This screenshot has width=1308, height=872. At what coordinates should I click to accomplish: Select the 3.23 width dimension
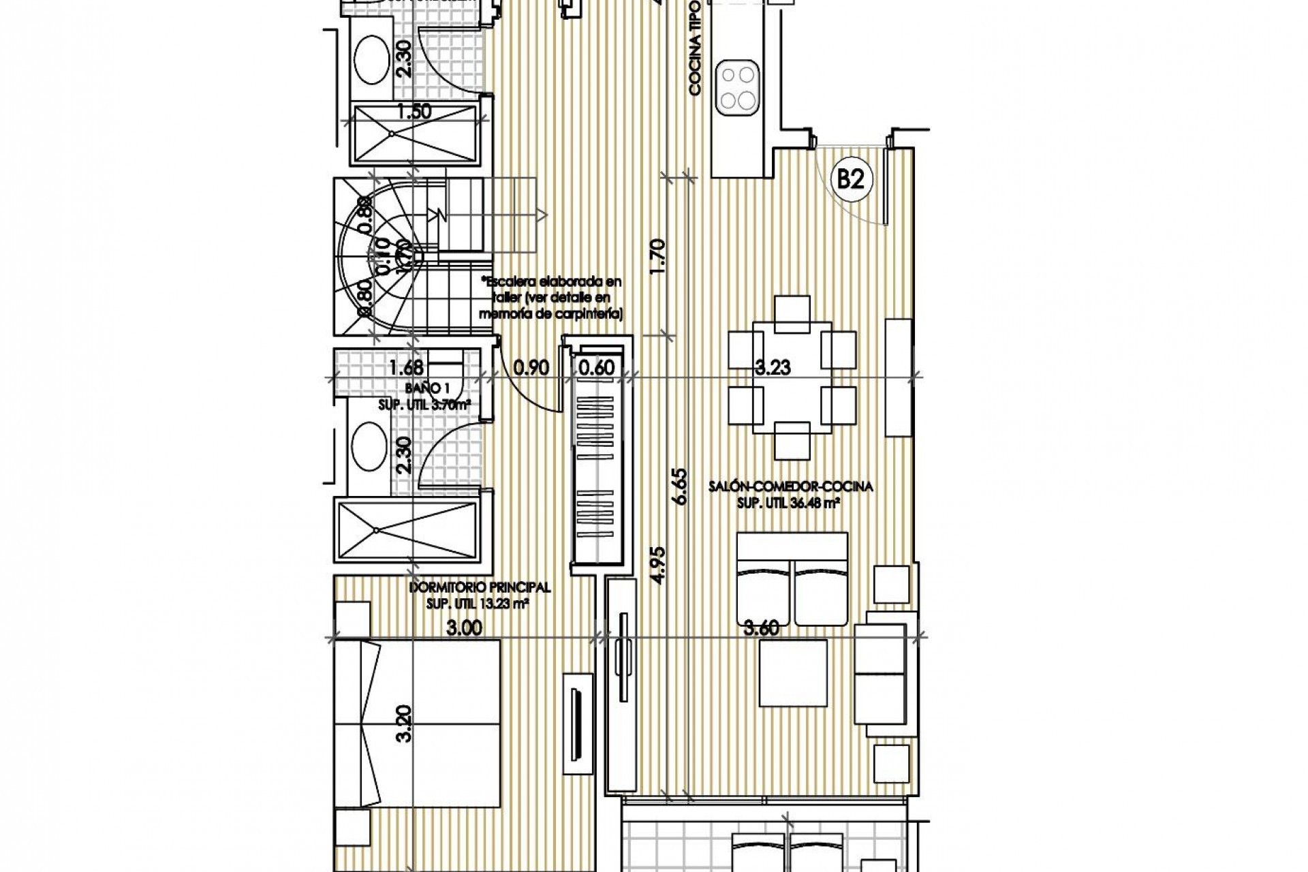[773, 368]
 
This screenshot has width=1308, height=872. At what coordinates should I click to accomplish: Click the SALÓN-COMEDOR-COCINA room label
[790, 486]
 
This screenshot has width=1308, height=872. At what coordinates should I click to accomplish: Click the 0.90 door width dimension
[531, 368]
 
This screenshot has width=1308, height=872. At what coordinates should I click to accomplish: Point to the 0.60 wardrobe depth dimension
[596, 368]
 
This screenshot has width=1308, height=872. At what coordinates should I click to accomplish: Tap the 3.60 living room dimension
[761, 628]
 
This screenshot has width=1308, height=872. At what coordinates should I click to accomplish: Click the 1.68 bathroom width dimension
[406, 368]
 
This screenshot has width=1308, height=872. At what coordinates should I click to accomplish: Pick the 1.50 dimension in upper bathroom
[414, 111]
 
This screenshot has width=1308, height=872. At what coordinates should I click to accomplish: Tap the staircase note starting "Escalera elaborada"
[550, 297]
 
